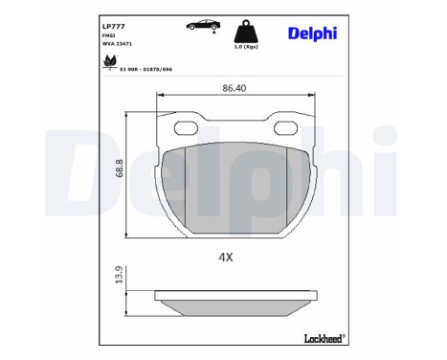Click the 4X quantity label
coord(226,258)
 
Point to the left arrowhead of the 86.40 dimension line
coord(159,94)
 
